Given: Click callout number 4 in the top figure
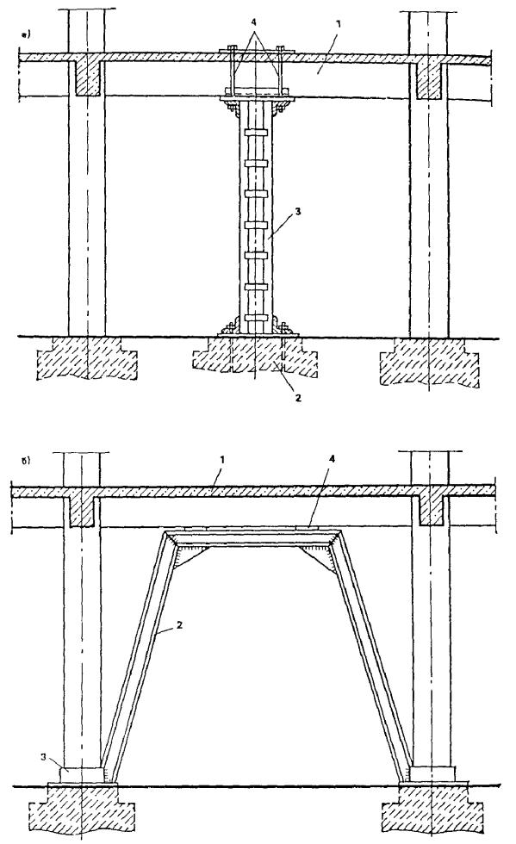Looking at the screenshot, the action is click(255, 23).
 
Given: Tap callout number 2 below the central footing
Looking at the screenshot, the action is click(297, 398).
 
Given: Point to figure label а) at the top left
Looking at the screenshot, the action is click(25, 35).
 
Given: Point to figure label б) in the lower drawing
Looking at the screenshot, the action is click(24, 461).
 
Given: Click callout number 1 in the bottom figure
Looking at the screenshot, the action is click(221, 460).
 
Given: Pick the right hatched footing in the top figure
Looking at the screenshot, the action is click(429, 361).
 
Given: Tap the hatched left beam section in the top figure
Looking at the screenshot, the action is click(87, 78).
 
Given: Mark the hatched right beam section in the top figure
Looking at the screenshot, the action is click(429, 79).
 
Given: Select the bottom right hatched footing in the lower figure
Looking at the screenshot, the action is click(430, 807).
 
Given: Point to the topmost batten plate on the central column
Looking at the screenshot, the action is click(256, 133).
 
